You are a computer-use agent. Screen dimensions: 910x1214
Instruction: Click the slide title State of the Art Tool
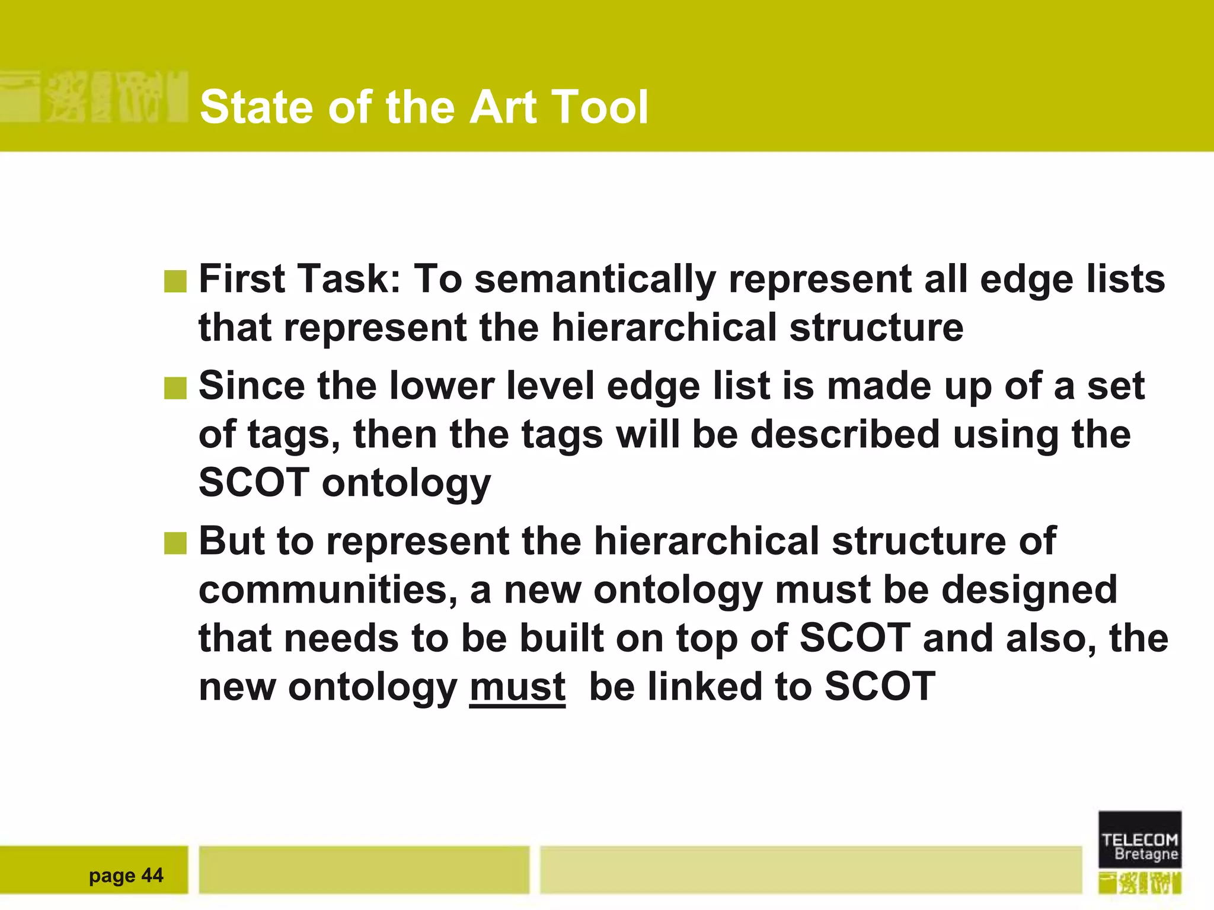tap(424, 107)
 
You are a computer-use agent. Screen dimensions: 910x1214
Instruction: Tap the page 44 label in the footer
tap(126, 875)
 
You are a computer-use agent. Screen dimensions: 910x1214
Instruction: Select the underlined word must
tap(517, 687)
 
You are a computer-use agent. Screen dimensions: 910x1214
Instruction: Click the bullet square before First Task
tap(175, 281)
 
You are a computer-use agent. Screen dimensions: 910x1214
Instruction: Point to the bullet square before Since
tap(175, 389)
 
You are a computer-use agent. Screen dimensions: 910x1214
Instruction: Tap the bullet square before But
tap(175, 543)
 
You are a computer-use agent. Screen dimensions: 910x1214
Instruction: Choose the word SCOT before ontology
tap(254, 483)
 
